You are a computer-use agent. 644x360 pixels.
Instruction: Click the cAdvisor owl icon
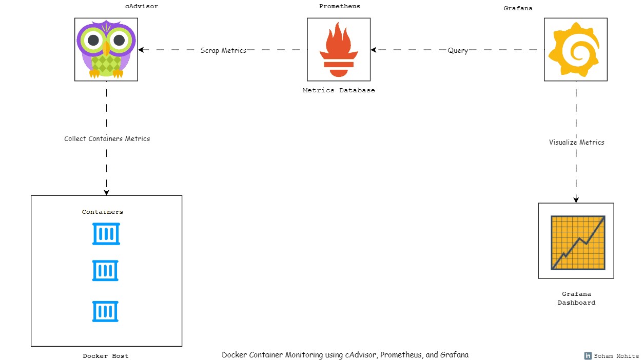106,49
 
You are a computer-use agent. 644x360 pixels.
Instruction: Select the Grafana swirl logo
576,49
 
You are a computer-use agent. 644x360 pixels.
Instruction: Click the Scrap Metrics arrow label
223,50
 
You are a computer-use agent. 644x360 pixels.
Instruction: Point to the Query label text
458,51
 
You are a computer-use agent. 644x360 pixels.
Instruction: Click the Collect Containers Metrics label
107,138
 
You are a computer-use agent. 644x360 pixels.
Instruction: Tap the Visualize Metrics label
577,142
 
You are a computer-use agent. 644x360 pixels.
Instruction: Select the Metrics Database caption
339,90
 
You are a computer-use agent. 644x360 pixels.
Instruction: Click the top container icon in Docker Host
106,234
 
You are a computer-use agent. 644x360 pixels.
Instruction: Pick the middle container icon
106,271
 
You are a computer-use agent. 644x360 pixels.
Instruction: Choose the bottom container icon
106,311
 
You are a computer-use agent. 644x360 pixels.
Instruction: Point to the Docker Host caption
106,356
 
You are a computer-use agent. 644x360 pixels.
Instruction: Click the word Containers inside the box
103,212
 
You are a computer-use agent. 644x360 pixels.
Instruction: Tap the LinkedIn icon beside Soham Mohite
588,356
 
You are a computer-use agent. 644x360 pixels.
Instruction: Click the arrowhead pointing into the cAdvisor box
141,50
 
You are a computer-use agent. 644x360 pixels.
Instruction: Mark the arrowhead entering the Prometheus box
374,50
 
